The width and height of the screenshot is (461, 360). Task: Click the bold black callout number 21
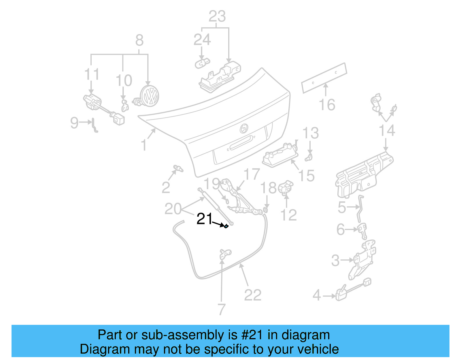(x=204, y=219)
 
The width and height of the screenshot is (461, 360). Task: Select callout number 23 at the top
(x=217, y=16)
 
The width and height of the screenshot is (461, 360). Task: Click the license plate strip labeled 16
(x=324, y=78)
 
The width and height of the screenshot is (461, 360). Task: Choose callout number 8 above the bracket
(x=139, y=40)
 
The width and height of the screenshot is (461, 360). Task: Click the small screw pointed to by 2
(x=178, y=168)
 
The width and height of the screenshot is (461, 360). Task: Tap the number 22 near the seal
(x=253, y=295)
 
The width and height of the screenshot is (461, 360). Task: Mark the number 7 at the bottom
(x=221, y=309)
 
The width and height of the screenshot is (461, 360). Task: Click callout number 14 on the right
(x=387, y=131)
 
